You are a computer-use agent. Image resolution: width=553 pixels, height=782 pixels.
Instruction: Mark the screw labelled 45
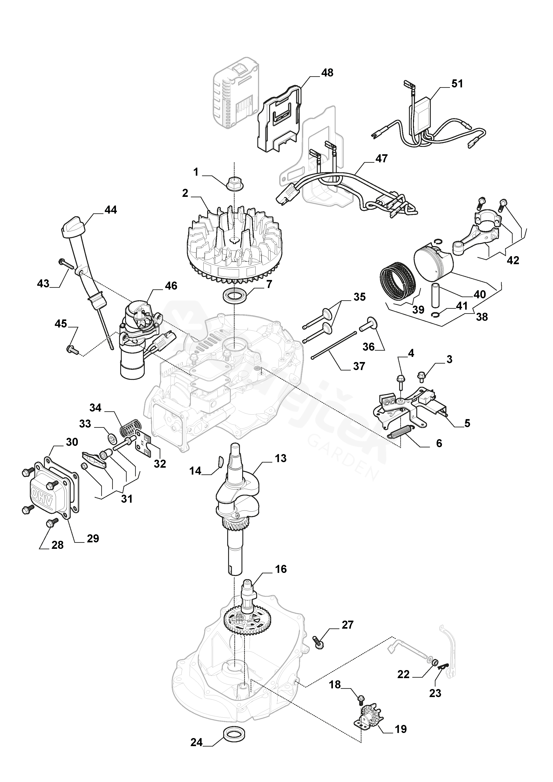[x=72, y=349]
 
